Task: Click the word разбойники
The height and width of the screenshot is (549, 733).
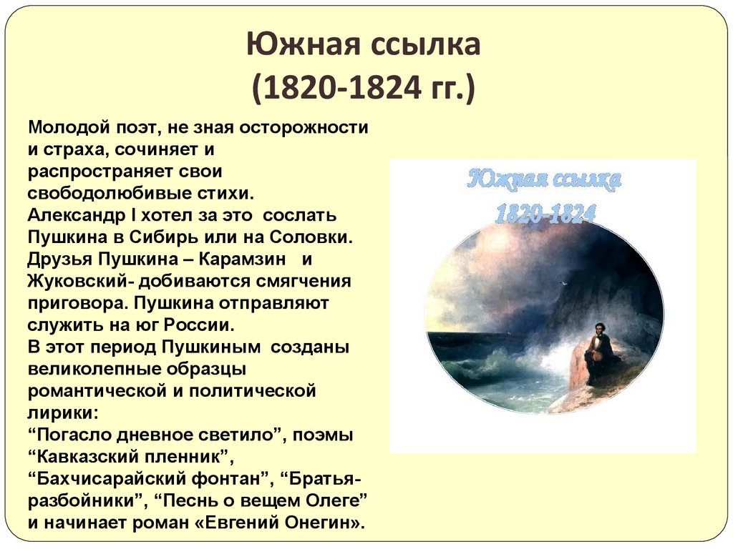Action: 85,500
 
